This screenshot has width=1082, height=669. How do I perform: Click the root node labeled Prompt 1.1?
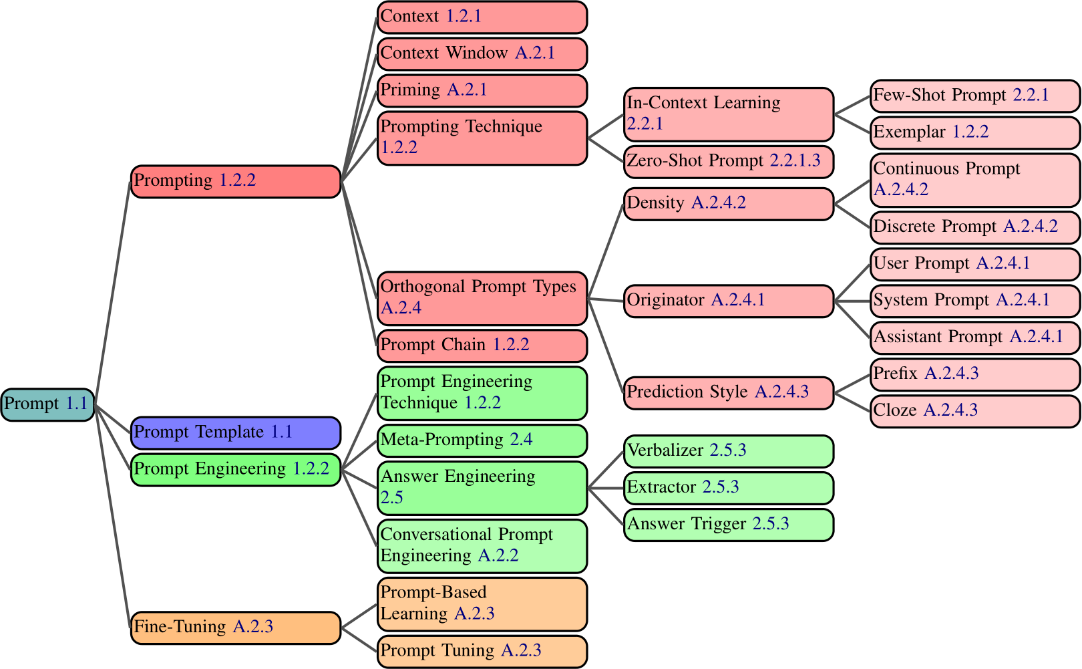click(47, 404)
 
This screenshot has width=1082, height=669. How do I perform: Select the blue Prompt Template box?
click(235, 433)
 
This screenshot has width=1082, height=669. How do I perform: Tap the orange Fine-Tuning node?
click(235, 628)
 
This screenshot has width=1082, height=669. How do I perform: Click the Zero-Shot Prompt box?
click(728, 162)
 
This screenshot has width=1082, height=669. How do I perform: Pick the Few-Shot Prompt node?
click(974, 96)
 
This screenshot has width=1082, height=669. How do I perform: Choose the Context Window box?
click(482, 54)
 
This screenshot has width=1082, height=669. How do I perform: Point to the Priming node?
click(482, 91)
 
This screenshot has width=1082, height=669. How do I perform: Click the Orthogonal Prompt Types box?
click(482, 298)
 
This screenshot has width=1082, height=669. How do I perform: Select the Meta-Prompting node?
click(482, 440)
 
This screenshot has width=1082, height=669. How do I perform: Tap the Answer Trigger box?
click(728, 525)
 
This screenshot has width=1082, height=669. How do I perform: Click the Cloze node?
click(974, 411)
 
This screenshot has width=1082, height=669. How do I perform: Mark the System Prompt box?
click(974, 301)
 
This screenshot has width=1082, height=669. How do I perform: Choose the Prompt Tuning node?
click(482, 652)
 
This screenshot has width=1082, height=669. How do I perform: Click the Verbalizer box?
click(728, 451)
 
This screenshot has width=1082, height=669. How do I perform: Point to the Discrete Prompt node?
click(974, 227)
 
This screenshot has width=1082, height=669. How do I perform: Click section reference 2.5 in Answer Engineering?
click(392, 498)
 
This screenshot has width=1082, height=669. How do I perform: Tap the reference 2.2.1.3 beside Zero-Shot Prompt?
click(795, 161)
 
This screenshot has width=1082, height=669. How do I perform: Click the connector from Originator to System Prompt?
click(852, 301)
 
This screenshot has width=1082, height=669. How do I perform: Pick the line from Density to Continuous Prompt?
click(852, 192)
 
